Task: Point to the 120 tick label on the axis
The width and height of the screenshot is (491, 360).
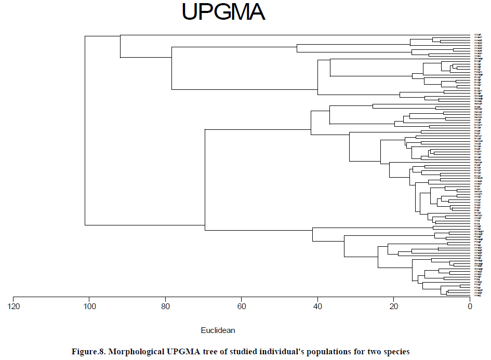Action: point(14,306)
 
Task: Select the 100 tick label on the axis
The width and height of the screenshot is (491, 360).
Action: point(89,306)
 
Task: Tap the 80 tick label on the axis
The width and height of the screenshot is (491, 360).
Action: point(166,306)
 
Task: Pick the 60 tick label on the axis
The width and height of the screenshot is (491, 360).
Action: point(242,306)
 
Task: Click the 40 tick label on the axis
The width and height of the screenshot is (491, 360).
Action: point(317,306)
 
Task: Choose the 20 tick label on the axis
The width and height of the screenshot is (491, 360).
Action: point(394,306)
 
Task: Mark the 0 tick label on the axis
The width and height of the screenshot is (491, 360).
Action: point(470,306)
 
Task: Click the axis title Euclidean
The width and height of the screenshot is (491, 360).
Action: point(218,330)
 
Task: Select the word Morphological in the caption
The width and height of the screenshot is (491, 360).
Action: point(137,352)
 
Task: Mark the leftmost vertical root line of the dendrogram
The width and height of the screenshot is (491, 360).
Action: point(85,130)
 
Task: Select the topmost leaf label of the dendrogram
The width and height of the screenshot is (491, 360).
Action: point(478,35)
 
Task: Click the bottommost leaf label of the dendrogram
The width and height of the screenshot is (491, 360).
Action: point(477,296)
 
